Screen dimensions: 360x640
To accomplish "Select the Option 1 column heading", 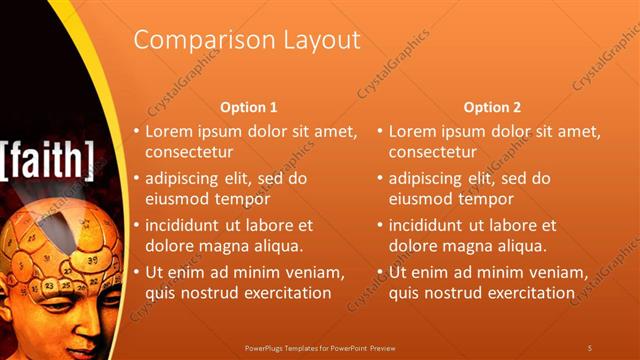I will (248, 107).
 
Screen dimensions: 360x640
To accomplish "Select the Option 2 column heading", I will (492, 107).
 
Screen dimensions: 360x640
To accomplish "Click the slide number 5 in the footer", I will (590, 347).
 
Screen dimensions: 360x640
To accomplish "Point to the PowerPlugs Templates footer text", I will (320, 347).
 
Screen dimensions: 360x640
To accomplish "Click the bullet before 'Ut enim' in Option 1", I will (137, 272).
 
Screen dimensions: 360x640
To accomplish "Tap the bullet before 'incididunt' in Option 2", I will (380, 225).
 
